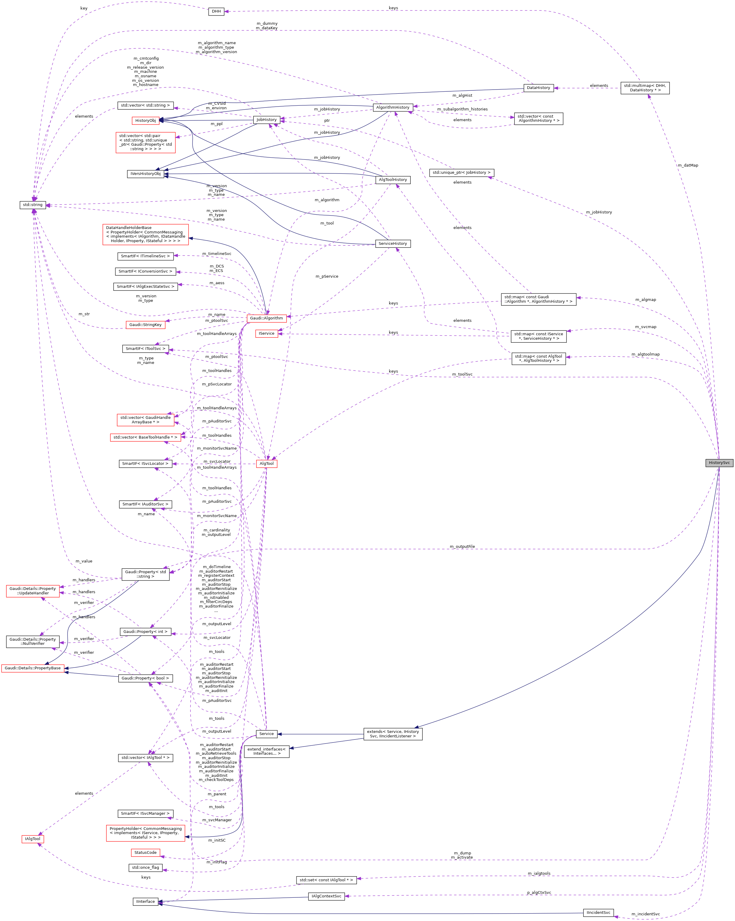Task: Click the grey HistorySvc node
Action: click(719, 463)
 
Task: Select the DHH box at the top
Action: click(216, 12)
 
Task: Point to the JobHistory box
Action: click(266, 120)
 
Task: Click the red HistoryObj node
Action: click(145, 121)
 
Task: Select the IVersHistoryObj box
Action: click(145, 174)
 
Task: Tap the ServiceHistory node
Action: click(392, 244)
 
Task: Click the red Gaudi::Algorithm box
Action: click(266, 318)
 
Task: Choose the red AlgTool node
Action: click(266, 464)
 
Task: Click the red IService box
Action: click(266, 334)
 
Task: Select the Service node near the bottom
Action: click(266, 734)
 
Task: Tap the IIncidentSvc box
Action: click(598, 912)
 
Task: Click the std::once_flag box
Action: click(145, 868)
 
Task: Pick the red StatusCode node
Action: click(145, 853)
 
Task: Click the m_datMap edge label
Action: click(687, 165)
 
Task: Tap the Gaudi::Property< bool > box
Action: click(145, 678)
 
